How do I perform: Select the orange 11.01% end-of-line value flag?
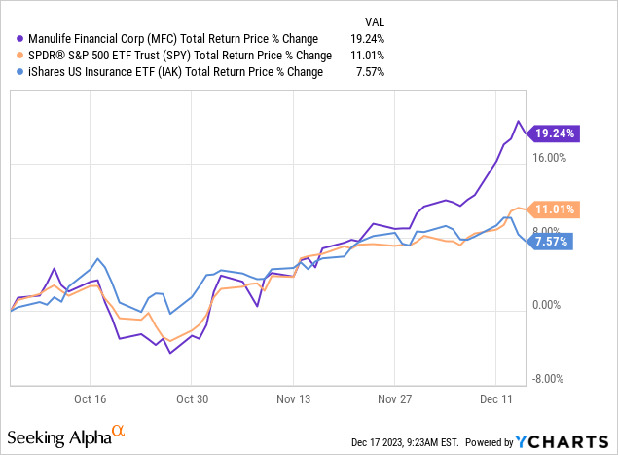point(554,209)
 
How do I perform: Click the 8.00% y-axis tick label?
point(549,232)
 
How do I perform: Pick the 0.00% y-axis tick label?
point(549,306)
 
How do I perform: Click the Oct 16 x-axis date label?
point(90,398)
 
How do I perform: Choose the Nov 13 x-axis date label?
point(292,398)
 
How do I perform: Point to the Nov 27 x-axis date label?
point(394,398)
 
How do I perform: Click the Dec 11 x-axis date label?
point(495,398)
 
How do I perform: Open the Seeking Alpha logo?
point(67,434)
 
